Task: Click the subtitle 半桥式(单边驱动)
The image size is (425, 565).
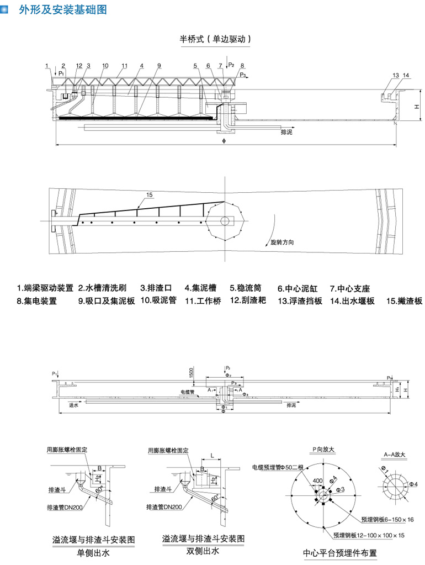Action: [x=215, y=39]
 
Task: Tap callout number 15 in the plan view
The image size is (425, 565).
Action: [x=150, y=194]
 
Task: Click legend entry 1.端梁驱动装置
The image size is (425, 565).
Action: [x=45, y=288]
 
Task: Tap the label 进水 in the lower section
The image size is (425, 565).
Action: [x=73, y=405]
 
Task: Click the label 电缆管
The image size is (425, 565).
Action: [x=188, y=392]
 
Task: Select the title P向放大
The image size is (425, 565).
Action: [x=323, y=450]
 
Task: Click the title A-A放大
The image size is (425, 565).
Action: [x=394, y=455]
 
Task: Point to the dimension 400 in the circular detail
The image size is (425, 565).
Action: [x=317, y=481]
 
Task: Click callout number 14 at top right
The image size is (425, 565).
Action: [x=406, y=75]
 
